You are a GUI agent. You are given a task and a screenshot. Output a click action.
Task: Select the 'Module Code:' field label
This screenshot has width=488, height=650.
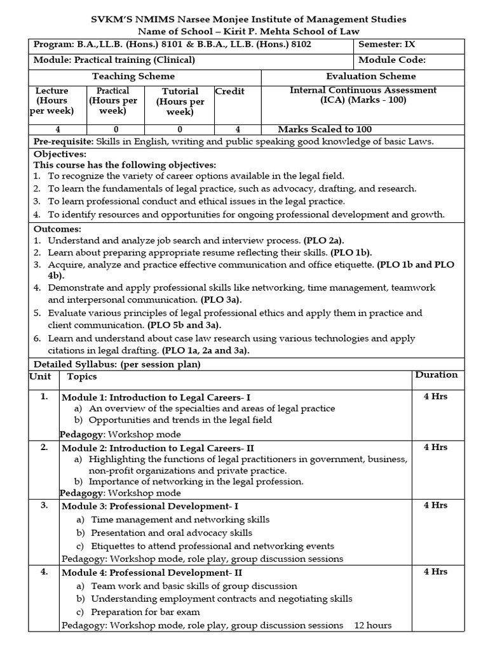pyautogui.click(x=392, y=60)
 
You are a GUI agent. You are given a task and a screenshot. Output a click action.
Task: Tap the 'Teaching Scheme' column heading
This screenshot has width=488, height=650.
pyautogui.click(x=133, y=76)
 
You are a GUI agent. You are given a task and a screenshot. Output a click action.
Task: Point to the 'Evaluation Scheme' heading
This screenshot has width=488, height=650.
pyautogui.click(x=372, y=76)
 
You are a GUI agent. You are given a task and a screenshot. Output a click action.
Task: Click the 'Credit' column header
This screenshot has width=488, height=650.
pyautogui.click(x=230, y=91)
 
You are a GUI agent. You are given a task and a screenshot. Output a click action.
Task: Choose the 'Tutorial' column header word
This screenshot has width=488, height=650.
pyautogui.click(x=180, y=91)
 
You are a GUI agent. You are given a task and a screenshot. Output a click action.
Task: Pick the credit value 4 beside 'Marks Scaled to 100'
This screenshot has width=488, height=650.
pyautogui.click(x=238, y=129)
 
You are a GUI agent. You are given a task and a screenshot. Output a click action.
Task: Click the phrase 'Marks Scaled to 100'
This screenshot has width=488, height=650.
pyautogui.click(x=325, y=129)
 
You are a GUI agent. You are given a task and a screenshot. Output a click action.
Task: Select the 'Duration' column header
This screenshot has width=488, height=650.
pyautogui.click(x=437, y=375)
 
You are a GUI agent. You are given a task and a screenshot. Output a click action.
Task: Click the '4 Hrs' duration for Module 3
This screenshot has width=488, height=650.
pyautogui.click(x=435, y=506)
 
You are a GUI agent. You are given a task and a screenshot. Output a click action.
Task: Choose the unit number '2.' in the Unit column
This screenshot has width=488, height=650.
pyautogui.click(x=44, y=448)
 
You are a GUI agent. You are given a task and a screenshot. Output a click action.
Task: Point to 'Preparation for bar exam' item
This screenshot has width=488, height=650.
pyautogui.click(x=146, y=612)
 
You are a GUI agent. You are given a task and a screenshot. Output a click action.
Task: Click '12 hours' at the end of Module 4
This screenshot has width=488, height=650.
pyautogui.click(x=373, y=625)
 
